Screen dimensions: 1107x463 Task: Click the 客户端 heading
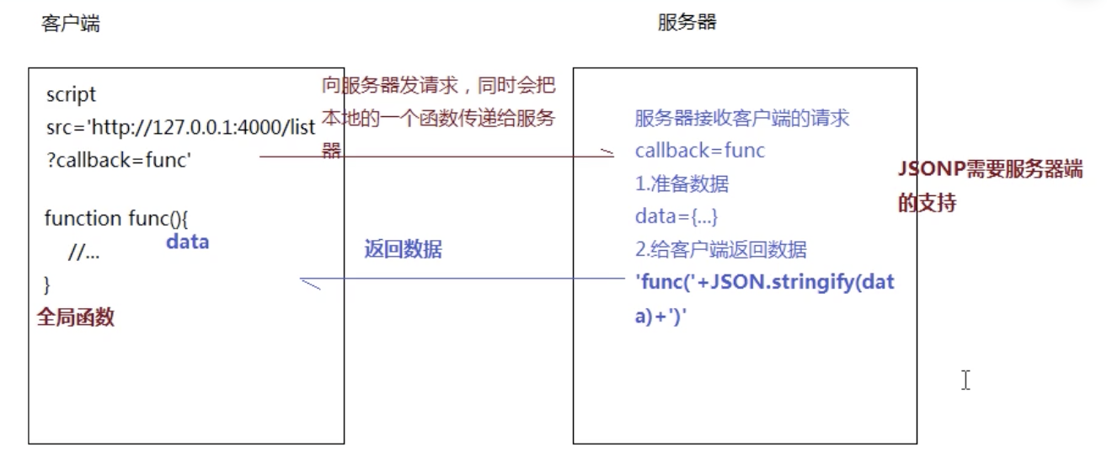coord(70,24)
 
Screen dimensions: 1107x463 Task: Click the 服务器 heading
coord(687,23)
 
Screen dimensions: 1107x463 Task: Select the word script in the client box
coord(72,94)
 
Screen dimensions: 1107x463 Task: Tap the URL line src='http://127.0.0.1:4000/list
coord(180,127)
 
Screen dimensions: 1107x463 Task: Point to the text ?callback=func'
coord(119,160)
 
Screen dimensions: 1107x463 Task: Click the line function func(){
coord(116,219)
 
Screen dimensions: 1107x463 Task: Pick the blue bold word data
coord(187,242)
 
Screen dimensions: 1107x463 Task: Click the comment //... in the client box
coord(84,252)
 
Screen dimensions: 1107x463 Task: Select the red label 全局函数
coord(76,317)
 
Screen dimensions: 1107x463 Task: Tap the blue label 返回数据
coord(402,249)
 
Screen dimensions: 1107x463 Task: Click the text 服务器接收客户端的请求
coord(742,118)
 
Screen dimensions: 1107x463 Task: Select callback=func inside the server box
coord(699,151)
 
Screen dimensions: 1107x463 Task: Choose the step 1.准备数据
coord(682,184)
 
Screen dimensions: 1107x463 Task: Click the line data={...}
coord(676,216)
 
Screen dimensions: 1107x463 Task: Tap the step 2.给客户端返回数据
coord(720,249)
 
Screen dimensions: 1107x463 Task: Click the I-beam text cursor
coord(965,381)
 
